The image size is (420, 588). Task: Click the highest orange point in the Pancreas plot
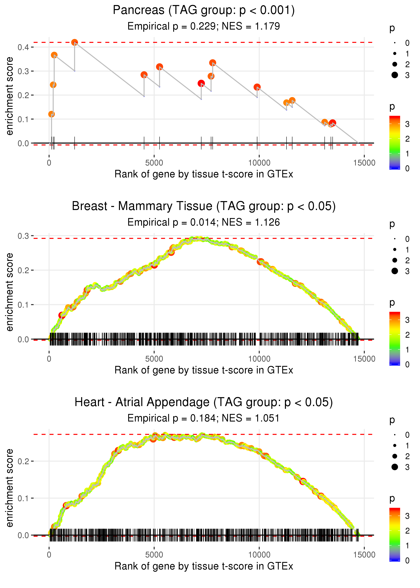pos(74,42)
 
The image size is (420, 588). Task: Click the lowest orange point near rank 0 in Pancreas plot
pos(51,114)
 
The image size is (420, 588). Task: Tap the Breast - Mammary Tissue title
pos(204,206)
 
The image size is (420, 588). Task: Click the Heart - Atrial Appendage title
pos(204,402)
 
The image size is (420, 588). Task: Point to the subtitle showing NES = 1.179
pos(204,26)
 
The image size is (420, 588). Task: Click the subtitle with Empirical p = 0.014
pos(204,222)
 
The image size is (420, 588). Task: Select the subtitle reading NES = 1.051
pos(204,418)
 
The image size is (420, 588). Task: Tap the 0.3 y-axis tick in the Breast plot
pos(23,236)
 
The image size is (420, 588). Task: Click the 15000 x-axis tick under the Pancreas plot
pos(364,163)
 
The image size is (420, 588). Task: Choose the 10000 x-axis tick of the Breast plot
pos(259,359)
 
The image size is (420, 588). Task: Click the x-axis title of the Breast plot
pos(204,370)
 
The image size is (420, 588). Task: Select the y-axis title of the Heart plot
pos(10,488)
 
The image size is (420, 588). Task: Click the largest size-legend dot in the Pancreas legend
pos(395,75)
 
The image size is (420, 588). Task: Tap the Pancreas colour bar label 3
pos(407,124)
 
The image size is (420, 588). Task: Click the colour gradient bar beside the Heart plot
pos(395,534)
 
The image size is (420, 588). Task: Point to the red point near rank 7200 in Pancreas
pos(201,83)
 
